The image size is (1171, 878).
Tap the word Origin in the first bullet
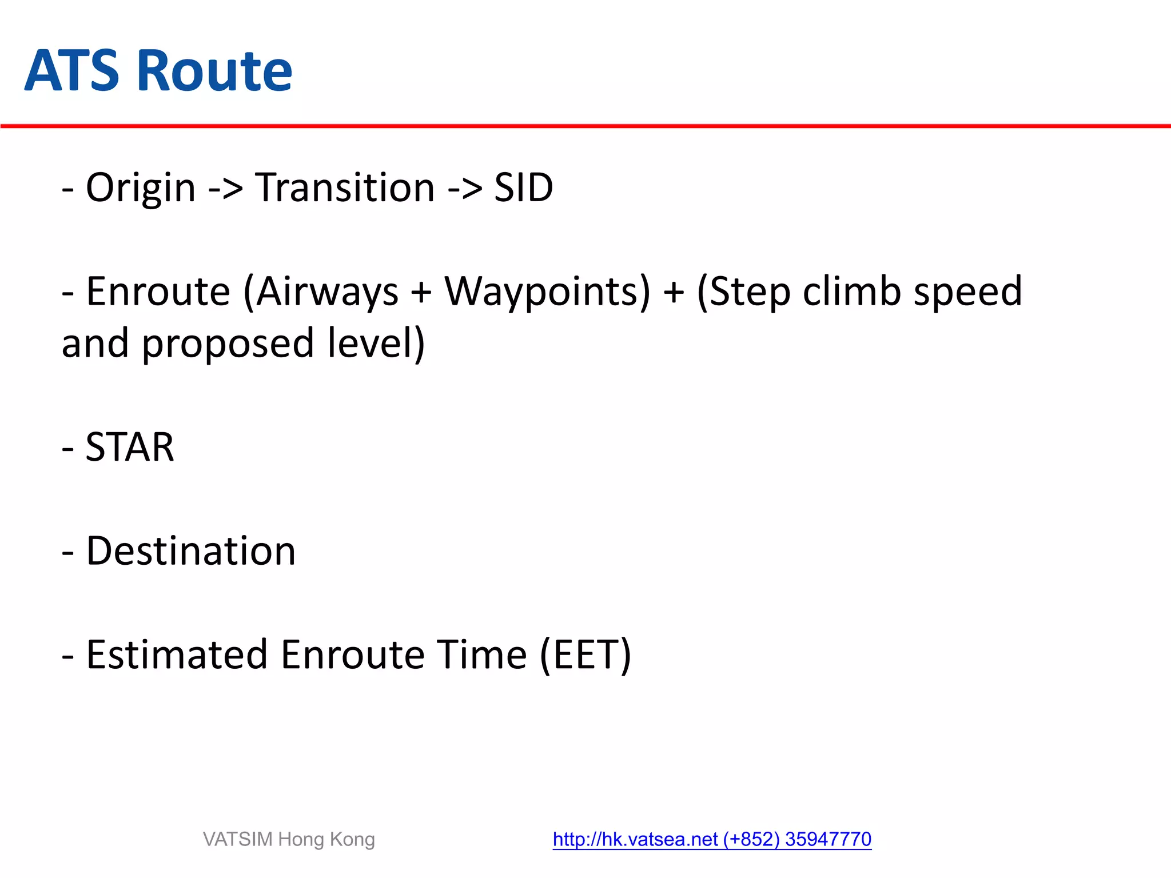(141, 188)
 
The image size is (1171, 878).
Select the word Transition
(345, 188)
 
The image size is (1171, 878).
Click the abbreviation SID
(523, 188)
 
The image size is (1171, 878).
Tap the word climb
(852, 292)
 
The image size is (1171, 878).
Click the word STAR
(130, 448)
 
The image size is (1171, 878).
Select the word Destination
(191, 552)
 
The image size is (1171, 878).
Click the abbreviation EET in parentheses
(586, 655)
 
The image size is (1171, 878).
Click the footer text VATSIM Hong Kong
(289, 839)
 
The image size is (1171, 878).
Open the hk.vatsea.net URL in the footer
(635, 839)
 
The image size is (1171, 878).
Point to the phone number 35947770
(828, 839)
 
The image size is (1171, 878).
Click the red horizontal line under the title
(585, 126)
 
